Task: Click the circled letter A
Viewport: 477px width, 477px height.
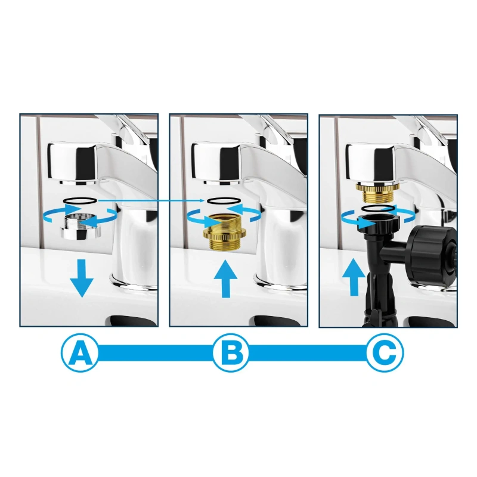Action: [80, 353]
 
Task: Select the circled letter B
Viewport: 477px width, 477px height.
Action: [231, 353]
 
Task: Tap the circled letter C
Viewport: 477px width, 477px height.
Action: [385, 353]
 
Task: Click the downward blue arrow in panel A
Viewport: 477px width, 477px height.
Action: [82, 278]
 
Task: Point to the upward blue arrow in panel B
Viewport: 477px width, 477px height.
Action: [225, 278]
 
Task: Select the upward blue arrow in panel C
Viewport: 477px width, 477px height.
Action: [354, 277]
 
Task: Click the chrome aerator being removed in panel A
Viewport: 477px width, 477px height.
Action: [81, 226]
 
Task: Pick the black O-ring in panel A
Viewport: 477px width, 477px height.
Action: [80, 200]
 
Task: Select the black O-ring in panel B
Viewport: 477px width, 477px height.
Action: [224, 200]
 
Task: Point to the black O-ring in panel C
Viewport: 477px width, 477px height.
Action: [378, 208]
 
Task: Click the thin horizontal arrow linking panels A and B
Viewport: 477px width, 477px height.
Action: [151, 200]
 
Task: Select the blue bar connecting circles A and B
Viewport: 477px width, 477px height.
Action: [155, 353]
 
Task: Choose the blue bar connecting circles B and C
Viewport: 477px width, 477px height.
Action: [308, 353]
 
